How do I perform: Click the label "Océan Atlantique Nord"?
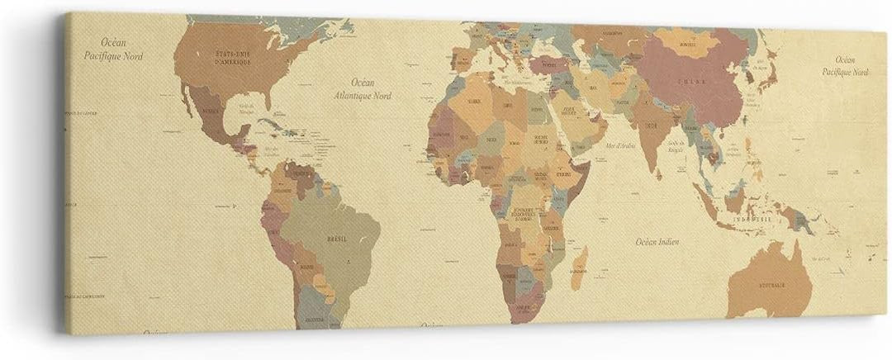click(362, 88)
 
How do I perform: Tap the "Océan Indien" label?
click(657, 242)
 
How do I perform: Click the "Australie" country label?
click(771, 284)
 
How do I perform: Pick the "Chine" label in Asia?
click(690, 82)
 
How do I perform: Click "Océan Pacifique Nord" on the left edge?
click(113, 49)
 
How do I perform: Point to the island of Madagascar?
click(579, 267)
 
